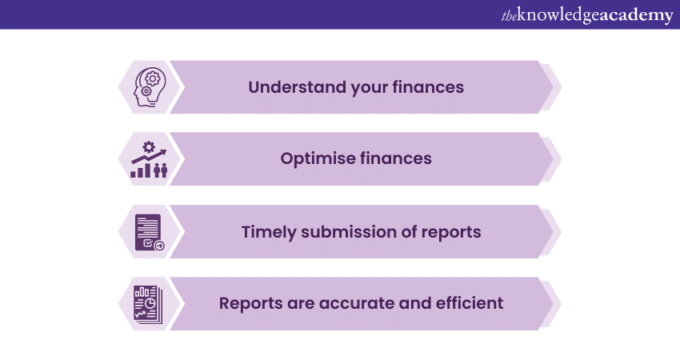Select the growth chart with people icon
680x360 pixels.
point(148,159)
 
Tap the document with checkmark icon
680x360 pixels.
point(148,231)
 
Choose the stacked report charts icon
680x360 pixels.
point(147,303)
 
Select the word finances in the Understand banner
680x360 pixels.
point(429,87)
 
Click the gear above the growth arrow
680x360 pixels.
point(148,146)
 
